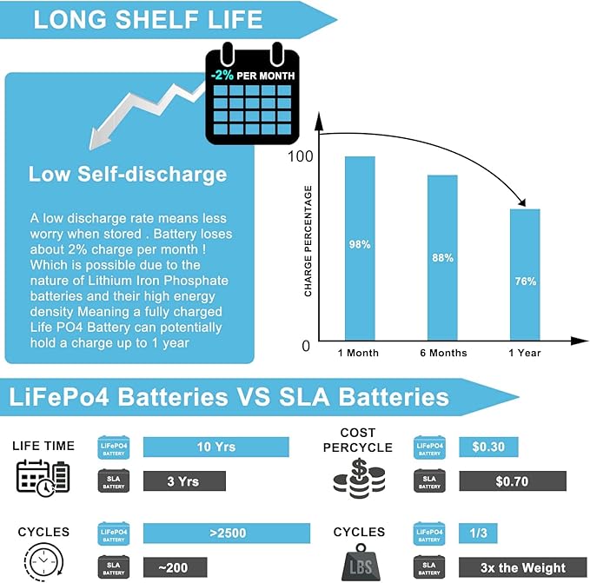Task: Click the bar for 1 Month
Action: [x=360, y=248]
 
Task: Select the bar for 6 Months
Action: [x=442, y=257]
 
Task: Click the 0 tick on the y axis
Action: [x=305, y=346]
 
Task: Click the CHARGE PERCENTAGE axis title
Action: [x=308, y=242]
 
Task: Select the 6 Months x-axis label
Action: [x=442, y=353]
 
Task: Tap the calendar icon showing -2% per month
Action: [x=252, y=96]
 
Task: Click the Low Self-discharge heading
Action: [x=128, y=174]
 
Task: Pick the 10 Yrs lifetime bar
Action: [x=215, y=447]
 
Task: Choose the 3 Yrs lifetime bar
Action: [x=184, y=480]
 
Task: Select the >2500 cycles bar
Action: [x=226, y=533]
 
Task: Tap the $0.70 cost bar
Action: [x=512, y=480]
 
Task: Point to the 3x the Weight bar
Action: [x=512, y=566]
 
